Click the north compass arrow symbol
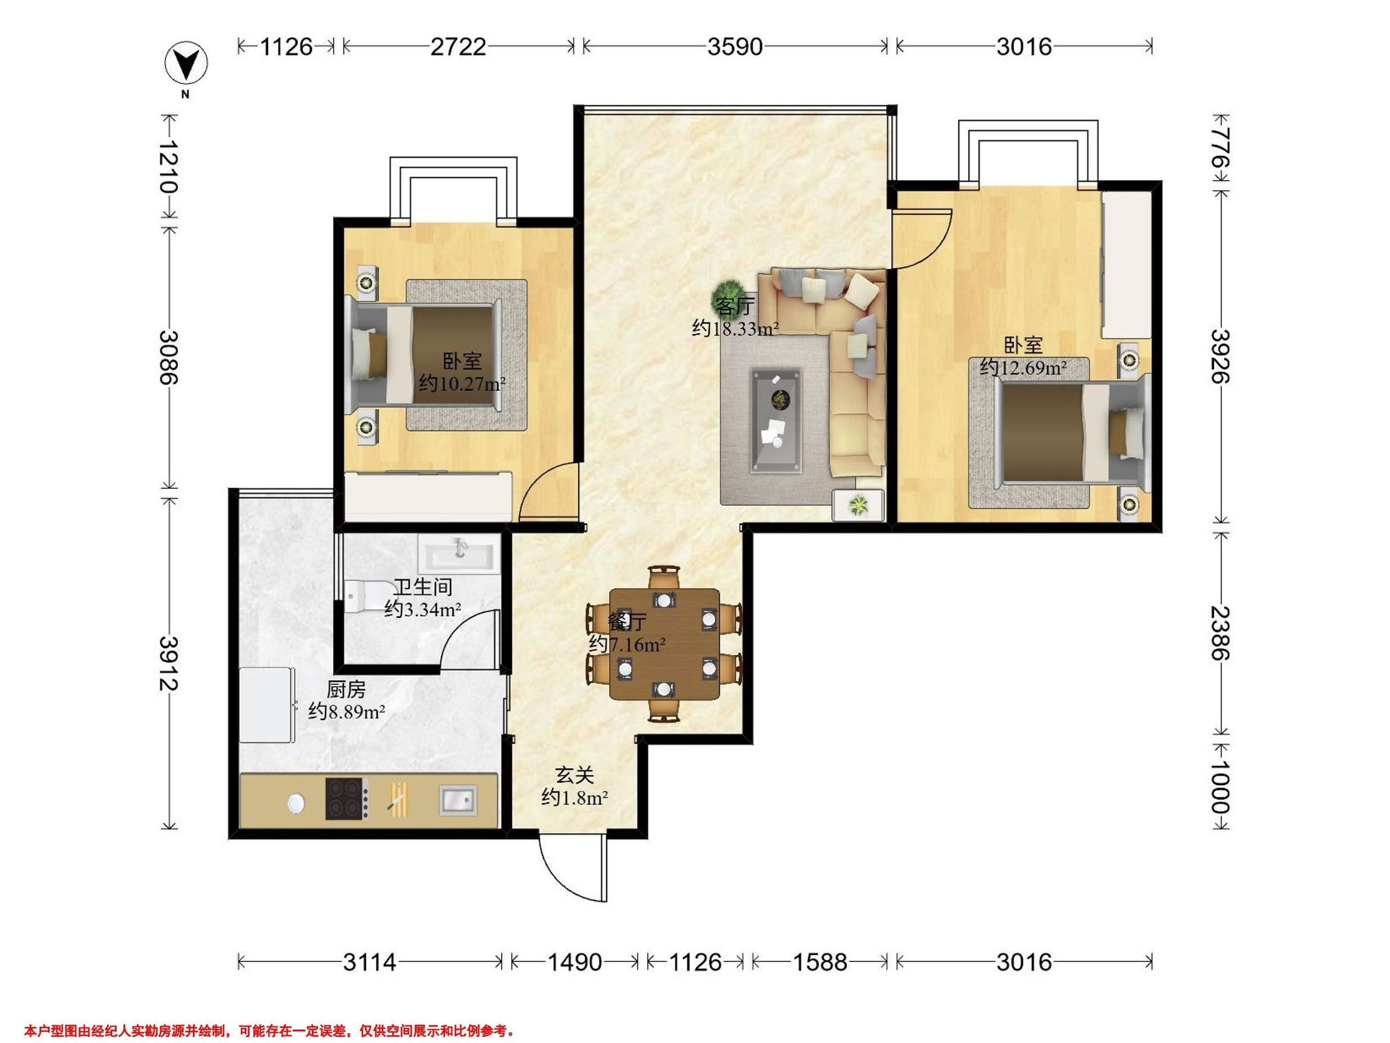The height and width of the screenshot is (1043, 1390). coord(186,63)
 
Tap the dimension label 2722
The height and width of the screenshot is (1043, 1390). coord(458,46)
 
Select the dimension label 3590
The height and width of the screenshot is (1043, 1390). coord(734,46)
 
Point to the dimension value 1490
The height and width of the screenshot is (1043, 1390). coord(575,962)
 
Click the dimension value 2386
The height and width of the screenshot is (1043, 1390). coord(1220,633)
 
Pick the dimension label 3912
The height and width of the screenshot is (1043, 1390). coord(169,663)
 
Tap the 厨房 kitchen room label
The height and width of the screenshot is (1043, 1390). coord(346,690)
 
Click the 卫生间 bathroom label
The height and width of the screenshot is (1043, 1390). coord(422,587)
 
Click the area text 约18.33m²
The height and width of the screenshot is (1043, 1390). coord(735,328)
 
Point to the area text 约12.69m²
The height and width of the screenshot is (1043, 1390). coord(1023,367)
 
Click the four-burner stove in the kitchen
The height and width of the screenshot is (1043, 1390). coord(345,799)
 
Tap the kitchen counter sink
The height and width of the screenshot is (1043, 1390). coord(457,800)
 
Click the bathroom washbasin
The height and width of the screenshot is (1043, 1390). coord(459,553)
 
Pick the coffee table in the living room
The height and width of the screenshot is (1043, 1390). coord(778,420)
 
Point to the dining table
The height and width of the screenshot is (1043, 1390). coord(664,644)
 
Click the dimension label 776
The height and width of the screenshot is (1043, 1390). coord(1220,148)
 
